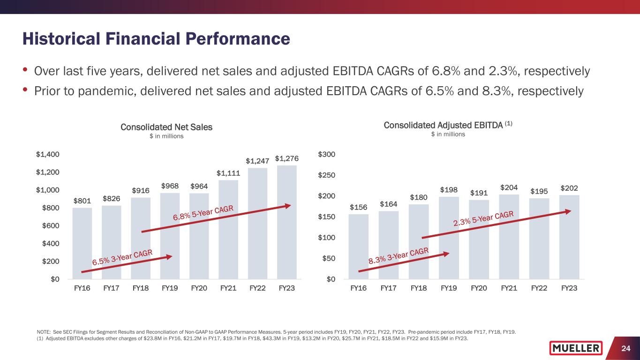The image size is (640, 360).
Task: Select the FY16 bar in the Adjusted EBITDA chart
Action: point(359,247)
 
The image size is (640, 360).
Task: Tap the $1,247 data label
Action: point(257,161)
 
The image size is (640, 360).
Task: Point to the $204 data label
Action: point(509,187)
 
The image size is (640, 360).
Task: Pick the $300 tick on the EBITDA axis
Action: point(326,154)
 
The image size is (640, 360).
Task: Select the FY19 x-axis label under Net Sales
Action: point(170,288)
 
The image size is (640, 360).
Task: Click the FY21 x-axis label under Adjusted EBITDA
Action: point(509,288)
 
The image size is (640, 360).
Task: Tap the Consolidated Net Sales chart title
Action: point(166,127)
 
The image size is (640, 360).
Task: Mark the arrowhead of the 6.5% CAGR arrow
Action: point(169,256)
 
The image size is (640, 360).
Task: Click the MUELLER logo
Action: point(576,348)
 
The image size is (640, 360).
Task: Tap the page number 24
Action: point(625,348)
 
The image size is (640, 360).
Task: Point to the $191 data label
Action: point(479,193)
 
